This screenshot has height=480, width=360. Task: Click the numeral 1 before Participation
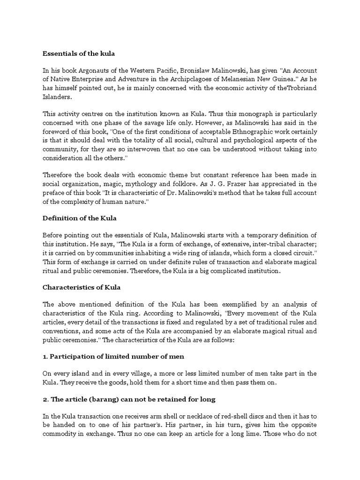point(45,356)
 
